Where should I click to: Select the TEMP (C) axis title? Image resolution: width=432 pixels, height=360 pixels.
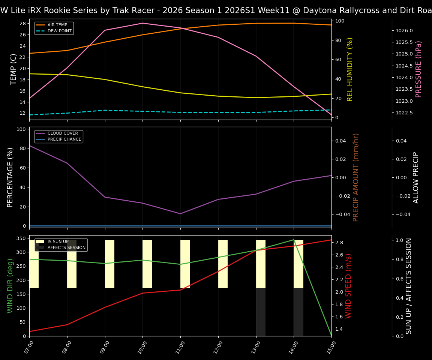pos(13,69)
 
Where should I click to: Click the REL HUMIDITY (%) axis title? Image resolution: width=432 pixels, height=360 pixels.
pos(350,69)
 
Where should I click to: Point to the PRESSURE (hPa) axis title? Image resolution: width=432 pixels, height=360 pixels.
pos(418,69)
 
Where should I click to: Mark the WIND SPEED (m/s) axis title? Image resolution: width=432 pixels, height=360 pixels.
pos(349,286)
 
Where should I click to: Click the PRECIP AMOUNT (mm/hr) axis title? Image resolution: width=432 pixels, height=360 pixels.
pos(356,177)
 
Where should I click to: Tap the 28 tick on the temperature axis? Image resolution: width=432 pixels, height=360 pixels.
pos(22,24)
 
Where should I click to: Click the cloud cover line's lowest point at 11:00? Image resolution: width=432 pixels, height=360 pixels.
pos(180,214)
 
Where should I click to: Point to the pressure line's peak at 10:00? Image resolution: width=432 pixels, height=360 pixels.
pos(142,23)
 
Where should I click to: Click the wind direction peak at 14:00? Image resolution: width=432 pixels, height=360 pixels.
pos(294,240)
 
